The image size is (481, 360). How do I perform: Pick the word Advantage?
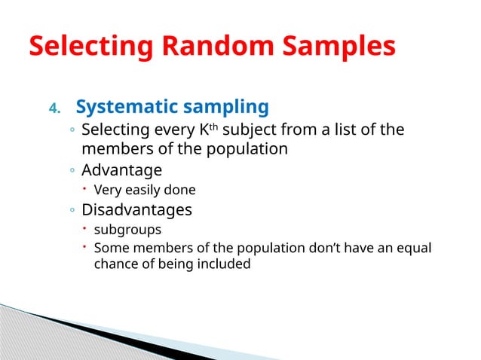coord(121,169)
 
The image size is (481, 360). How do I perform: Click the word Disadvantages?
coord(136,209)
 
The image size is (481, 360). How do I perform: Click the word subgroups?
coord(127,229)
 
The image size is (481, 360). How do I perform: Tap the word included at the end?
coord(223,264)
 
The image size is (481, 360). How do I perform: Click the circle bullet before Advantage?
coord(71,170)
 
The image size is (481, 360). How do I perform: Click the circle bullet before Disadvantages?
coord(71,209)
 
